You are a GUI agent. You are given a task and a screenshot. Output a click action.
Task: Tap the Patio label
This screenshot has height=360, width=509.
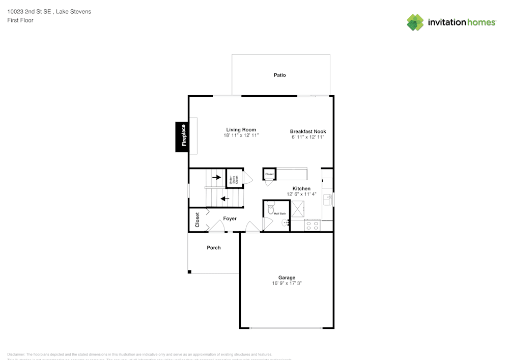coord(279,75)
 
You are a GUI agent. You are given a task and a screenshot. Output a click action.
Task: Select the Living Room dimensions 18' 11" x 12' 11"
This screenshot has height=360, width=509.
coord(241,135)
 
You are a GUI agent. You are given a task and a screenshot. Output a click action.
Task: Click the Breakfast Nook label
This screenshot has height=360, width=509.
coord(308,131)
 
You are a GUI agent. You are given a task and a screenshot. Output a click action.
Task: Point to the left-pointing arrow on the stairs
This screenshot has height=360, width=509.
coord(224,199)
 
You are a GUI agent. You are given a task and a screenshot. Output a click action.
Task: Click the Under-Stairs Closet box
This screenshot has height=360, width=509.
coord(234,179)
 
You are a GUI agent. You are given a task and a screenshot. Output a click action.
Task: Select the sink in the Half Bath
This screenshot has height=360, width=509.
coord(286,222)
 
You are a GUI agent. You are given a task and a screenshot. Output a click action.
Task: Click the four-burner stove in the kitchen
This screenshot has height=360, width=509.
coord(312,225)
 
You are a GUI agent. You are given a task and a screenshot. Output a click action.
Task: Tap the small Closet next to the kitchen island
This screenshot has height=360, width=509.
coord(269,174)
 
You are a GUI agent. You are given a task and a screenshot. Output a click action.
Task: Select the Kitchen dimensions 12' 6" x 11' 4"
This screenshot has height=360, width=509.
coord(301,194)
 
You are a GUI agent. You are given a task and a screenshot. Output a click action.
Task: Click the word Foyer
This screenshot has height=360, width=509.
coord(230,218)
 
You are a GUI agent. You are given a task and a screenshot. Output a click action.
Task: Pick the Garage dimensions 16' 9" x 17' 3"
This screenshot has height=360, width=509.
coord(287,283)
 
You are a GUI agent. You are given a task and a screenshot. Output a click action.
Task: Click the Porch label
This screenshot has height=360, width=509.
coord(214,247)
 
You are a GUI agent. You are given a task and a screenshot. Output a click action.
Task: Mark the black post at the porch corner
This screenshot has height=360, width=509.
coord(190,272)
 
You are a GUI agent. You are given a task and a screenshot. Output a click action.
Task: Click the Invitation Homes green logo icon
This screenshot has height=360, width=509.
coord(415,22)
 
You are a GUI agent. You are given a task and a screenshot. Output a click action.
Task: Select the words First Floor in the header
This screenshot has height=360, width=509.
coord(20,20)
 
